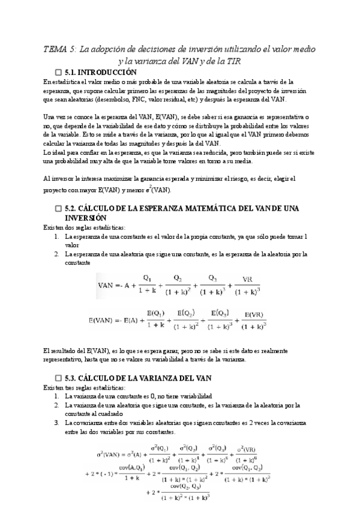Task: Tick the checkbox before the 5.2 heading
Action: [x=58, y=208]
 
